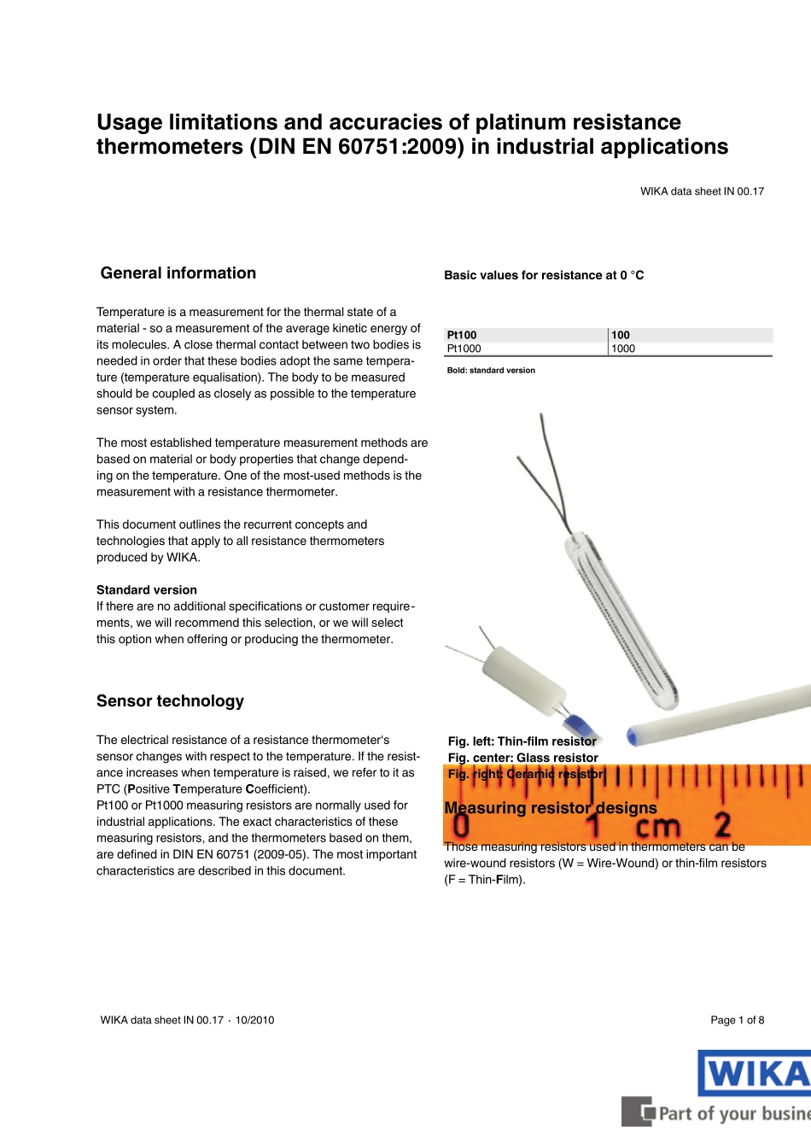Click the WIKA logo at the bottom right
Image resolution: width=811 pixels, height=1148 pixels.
point(754,1073)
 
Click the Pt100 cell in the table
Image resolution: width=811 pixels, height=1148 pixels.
point(462,335)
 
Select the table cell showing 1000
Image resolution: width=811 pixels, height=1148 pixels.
point(623,348)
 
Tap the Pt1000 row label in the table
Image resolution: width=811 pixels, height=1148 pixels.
point(464,348)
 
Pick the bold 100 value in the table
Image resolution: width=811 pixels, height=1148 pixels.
point(621,335)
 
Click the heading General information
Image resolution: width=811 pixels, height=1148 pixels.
point(178,273)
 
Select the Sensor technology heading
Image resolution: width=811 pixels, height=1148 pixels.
point(170,701)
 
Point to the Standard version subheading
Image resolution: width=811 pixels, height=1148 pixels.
point(147,590)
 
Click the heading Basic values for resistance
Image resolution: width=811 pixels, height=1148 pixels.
point(544,275)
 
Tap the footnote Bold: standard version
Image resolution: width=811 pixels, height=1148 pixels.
point(491,371)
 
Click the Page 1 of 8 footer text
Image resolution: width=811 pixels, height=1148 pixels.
point(737,1020)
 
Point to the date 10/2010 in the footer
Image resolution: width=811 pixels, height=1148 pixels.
point(255,1020)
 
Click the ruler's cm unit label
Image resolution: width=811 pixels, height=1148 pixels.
point(657,826)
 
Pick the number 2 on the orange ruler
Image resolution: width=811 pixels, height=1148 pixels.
point(722,824)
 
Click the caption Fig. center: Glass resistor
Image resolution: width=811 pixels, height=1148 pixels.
point(522,758)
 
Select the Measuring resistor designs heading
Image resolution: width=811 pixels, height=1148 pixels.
point(551,808)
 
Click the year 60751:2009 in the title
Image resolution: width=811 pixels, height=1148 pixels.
point(401,147)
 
